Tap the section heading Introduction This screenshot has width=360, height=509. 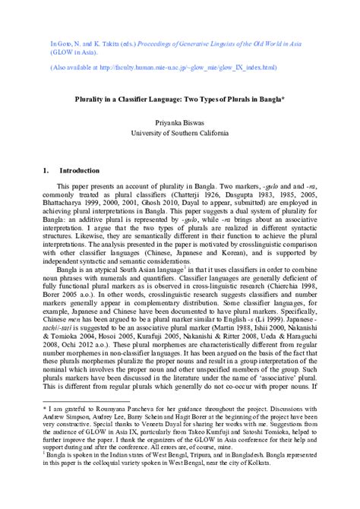point(79,171)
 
